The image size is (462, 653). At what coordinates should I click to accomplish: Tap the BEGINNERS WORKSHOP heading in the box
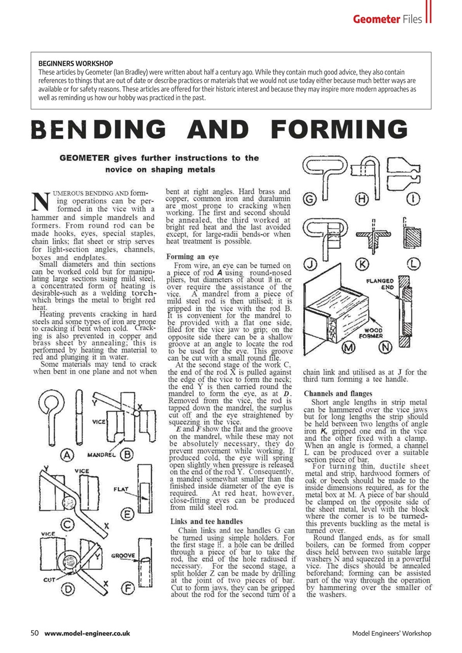coord(76,63)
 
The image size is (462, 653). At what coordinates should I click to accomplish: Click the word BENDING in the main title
coord(99,130)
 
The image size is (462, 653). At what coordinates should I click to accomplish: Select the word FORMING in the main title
coord(339,130)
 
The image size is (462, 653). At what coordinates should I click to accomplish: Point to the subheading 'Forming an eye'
coord(192,257)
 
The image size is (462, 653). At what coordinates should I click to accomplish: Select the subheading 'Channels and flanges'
coord(337,393)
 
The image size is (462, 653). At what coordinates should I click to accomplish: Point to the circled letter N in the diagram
coord(387,348)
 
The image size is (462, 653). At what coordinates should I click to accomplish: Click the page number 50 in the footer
coord(35,634)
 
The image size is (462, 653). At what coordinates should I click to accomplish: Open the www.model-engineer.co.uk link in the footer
coord(87,634)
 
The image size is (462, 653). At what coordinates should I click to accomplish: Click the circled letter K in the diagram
coord(362,264)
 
